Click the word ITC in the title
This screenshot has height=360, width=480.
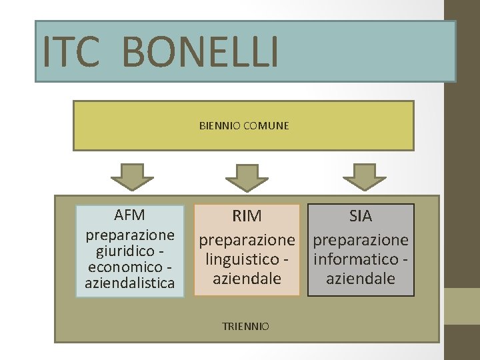click(72, 52)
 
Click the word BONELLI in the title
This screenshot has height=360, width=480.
click(201, 52)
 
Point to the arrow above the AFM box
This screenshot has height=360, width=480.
click(132, 177)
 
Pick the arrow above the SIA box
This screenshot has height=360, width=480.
click(364, 177)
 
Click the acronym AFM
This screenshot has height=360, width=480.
click(130, 215)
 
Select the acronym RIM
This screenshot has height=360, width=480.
click(247, 216)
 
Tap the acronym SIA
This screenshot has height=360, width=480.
click(361, 216)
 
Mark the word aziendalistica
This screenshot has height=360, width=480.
click(130, 284)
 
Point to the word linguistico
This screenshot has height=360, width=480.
click(242, 258)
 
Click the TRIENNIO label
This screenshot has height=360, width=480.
click(247, 326)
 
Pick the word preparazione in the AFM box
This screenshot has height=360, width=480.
click(130, 235)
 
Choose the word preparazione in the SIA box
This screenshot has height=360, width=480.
click(361, 238)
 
